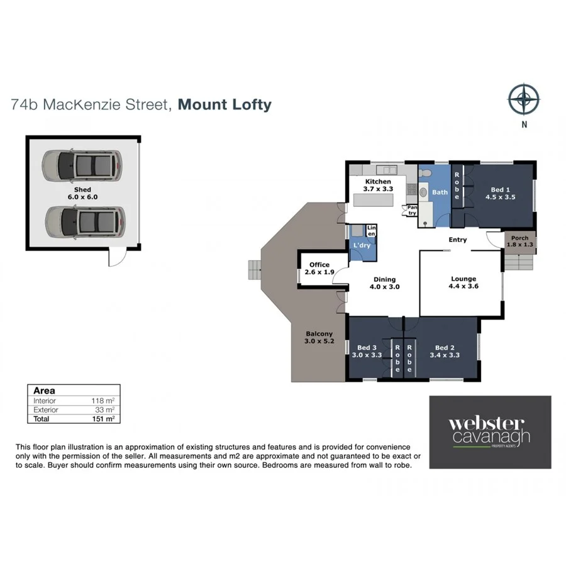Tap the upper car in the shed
pyautogui.click(x=81, y=165)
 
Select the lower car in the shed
pyautogui.click(x=81, y=221)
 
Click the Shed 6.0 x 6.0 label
pyautogui.click(x=82, y=193)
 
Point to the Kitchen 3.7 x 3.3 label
pyautogui.click(x=378, y=185)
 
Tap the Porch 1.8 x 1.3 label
pyautogui.click(x=519, y=241)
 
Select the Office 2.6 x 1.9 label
pyautogui.click(x=319, y=268)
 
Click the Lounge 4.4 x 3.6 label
pyautogui.click(x=463, y=282)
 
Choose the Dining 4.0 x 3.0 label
pyautogui.click(x=385, y=283)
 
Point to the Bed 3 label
pyautogui.click(x=366, y=347)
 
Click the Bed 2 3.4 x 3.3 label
pyautogui.click(x=445, y=352)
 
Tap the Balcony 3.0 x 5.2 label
pyautogui.click(x=319, y=338)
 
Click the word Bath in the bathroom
pyautogui.click(x=440, y=192)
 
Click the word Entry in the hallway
pyautogui.click(x=457, y=240)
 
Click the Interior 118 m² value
pyautogui.click(x=103, y=401)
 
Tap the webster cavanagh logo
pyautogui.click(x=489, y=432)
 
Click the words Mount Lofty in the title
pyautogui.click(x=225, y=104)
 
